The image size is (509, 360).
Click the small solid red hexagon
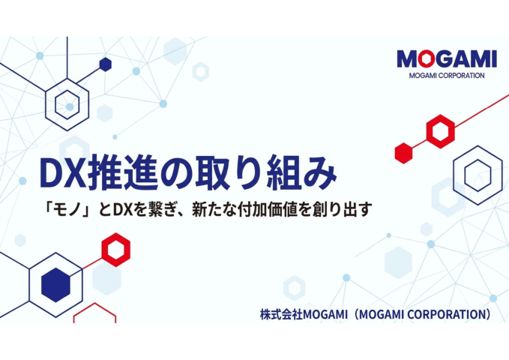click(404, 151)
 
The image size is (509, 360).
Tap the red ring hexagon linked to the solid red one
click(440, 131)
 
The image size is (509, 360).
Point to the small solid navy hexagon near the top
click(105, 64)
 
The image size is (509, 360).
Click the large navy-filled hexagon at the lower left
click(55, 284)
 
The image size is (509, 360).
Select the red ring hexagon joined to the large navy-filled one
click(115, 250)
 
